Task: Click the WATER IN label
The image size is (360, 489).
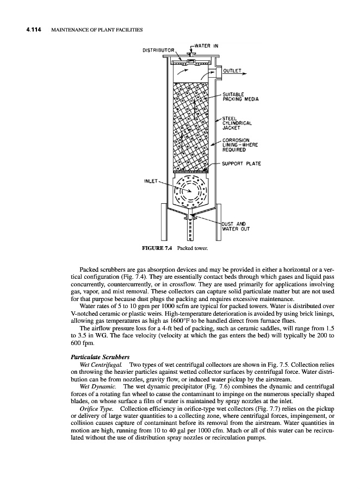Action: point(207,45)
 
